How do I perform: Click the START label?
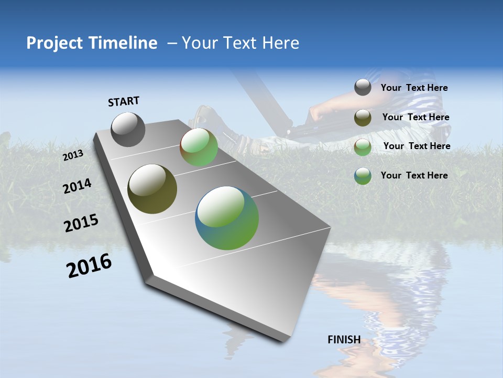click(124, 101)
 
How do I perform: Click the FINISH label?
click(344, 340)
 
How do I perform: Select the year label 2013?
click(73, 155)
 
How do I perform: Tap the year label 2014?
click(77, 186)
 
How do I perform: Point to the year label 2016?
click(89, 266)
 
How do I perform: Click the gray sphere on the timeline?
click(128, 129)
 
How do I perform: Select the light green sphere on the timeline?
click(199, 148)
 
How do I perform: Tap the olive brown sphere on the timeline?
click(152, 189)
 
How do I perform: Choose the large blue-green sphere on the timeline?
click(227, 218)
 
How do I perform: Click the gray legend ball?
click(363, 87)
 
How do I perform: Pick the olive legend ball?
click(363, 118)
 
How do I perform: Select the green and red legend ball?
click(363, 147)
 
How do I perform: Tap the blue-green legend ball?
click(363, 176)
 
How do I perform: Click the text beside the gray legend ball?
click(414, 88)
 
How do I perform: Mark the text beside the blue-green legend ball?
click(414, 175)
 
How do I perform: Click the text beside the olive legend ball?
click(415, 117)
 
